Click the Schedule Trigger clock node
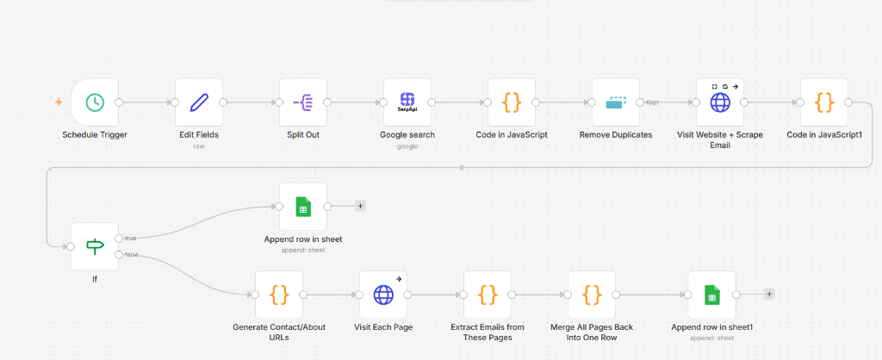(95, 102)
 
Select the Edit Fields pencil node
(199, 102)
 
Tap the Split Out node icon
(303, 102)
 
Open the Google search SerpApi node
(407, 102)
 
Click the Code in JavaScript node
(512, 102)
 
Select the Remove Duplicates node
(616, 102)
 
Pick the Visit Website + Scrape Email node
(720, 102)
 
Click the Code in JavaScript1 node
(824, 102)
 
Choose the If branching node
(95, 246)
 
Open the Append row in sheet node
(303, 207)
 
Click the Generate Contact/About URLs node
(279, 295)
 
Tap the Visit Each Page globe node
(383, 295)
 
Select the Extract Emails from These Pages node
(488, 295)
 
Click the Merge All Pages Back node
(592, 295)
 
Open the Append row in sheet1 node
(712, 295)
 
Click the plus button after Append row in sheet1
(769, 295)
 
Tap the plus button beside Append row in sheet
(360, 207)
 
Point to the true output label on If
(131, 238)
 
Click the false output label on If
(132, 255)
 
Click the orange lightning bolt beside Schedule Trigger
(59, 102)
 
